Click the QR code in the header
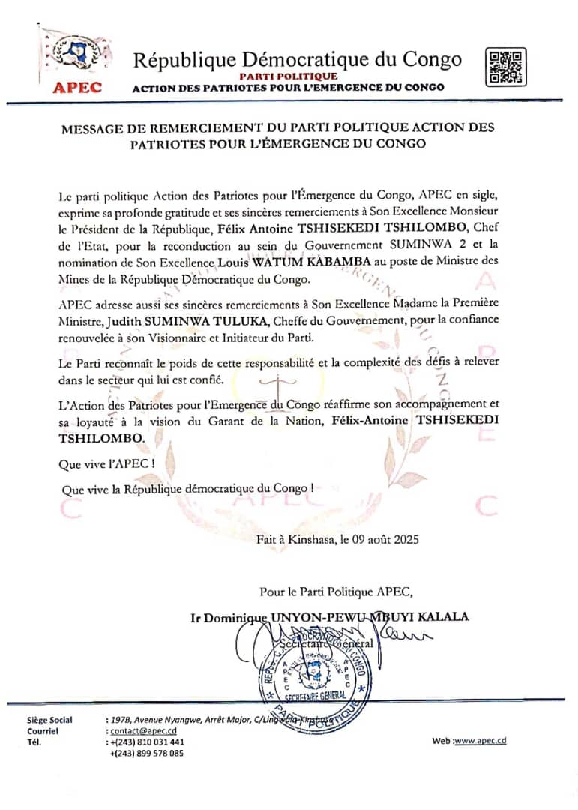[x=505, y=66]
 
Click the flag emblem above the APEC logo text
[x=72, y=53]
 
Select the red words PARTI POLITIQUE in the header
[x=289, y=76]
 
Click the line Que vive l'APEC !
[x=106, y=463]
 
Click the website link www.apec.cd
[x=481, y=741]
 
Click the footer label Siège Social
[x=49, y=721]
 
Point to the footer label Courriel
[x=42, y=731]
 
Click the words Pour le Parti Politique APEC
[x=336, y=592]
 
